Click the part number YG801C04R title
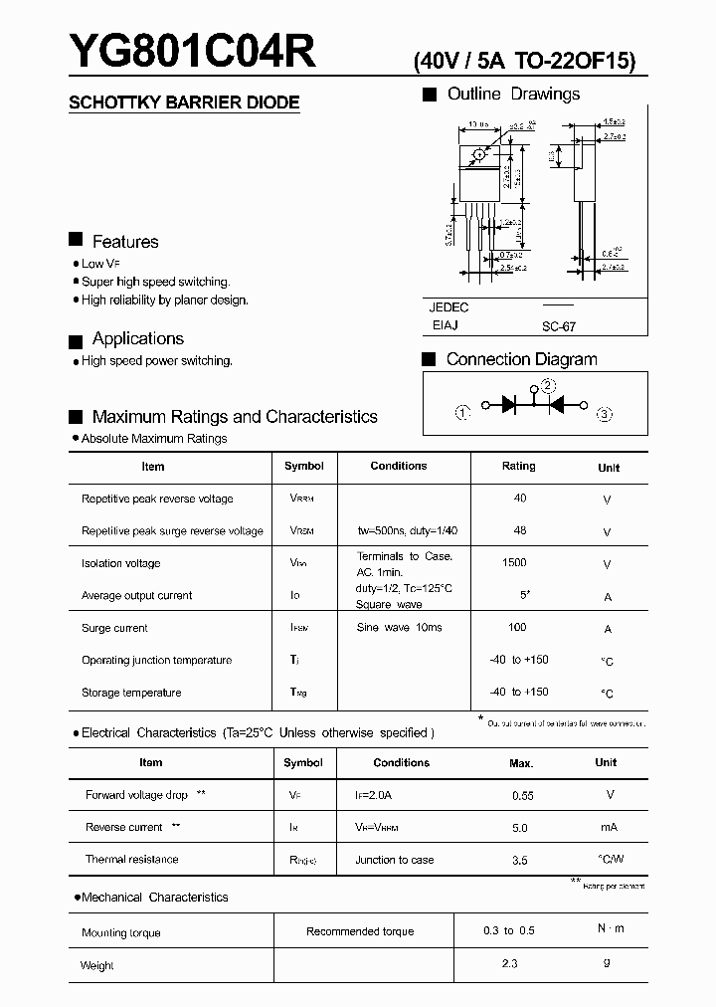[x=192, y=52]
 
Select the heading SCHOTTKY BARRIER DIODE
[x=183, y=102]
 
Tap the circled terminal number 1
[x=462, y=414]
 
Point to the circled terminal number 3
[x=605, y=414]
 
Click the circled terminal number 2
[x=549, y=386]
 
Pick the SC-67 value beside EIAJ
[x=558, y=326]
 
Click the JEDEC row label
[x=448, y=307]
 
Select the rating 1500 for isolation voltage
[x=514, y=563]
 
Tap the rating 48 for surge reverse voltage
[x=520, y=530]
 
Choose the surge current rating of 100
[x=517, y=628]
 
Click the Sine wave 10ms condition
[x=399, y=628]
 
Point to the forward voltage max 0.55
[x=522, y=796]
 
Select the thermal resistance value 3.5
[x=519, y=860]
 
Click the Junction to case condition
[x=395, y=860]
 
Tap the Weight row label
[x=97, y=965]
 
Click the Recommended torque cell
[x=360, y=931]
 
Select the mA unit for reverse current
[x=609, y=828]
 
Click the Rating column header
[x=518, y=466]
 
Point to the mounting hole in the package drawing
[x=479, y=154]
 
